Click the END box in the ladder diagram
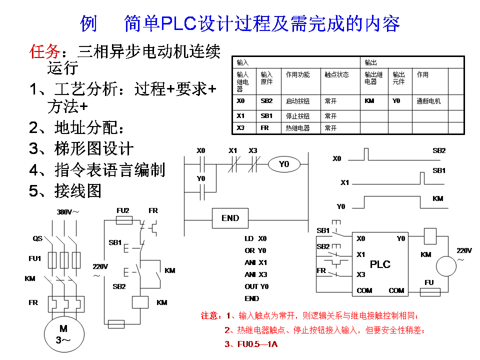click(230, 218)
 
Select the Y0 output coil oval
click(284, 164)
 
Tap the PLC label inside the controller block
click(380, 264)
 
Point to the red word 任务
click(44, 52)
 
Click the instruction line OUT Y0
click(256, 286)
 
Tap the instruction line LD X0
click(255, 238)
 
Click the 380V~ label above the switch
click(67, 212)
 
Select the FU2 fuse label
click(122, 210)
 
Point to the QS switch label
click(37, 238)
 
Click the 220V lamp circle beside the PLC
click(446, 266)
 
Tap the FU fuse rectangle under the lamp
click(433, 291)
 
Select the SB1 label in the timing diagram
click(438, 171)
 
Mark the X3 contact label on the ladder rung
click(253, 150)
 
